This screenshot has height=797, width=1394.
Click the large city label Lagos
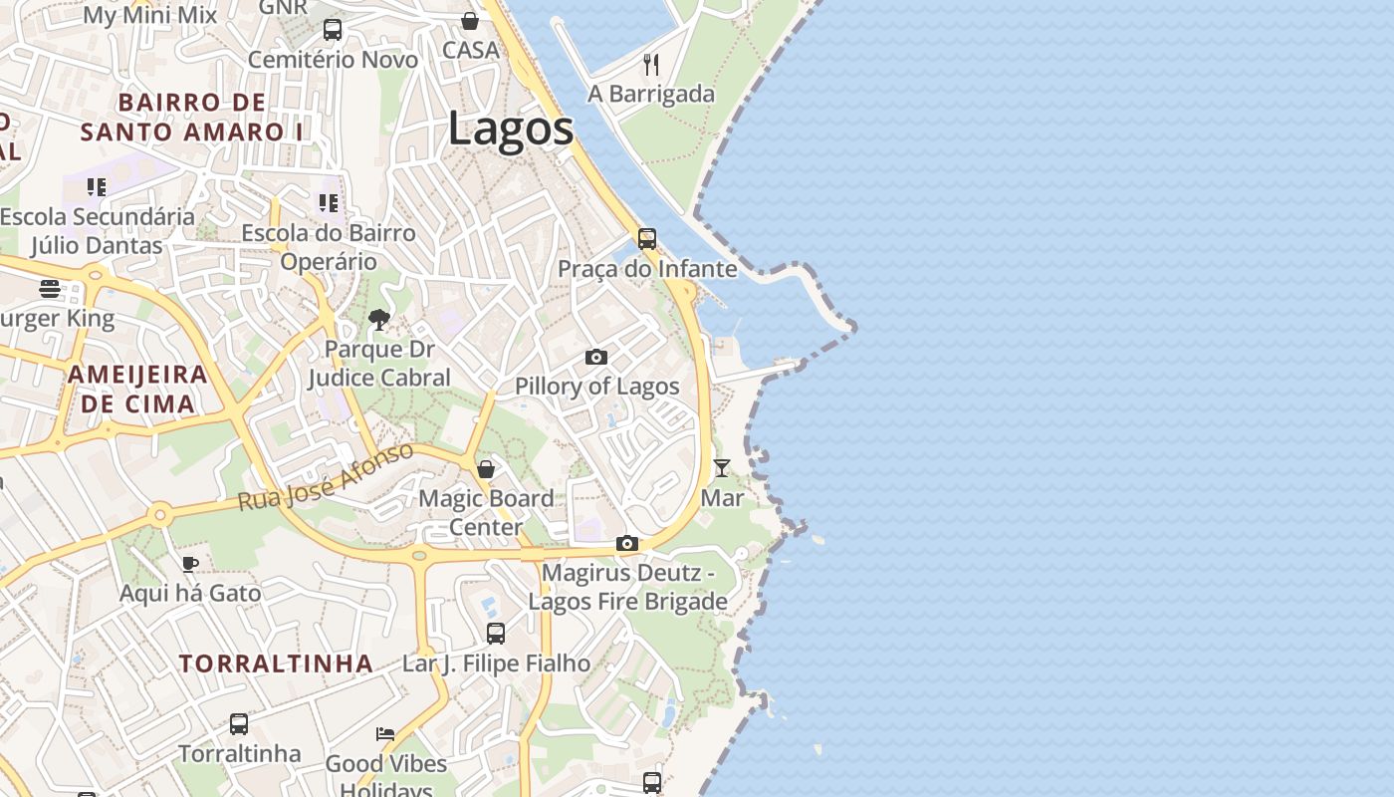(x=511, y=129)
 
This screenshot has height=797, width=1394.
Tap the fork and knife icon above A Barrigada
(x=651, y=65)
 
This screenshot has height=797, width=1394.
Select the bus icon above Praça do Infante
(x=647, y=239)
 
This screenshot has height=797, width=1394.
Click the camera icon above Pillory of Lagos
(x=595, y=357)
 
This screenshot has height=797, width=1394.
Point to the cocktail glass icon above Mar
(x=722, y=467)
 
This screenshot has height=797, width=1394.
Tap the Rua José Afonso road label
(x=326, y=478)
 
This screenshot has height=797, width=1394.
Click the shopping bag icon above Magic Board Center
(x=486, y=468)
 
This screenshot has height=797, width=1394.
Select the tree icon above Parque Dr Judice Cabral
(x=378, y=320)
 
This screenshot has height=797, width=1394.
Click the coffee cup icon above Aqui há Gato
(x=190, y=565)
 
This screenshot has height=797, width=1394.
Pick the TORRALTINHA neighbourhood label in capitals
(x=277, y=664)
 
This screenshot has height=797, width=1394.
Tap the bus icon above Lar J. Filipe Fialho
(x=496, y=634)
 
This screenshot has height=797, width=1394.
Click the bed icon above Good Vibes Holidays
(x=385, y=734)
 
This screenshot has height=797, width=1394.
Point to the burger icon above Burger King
(x=50, y=289)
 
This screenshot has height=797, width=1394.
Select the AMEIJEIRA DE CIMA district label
(x=137, y=390)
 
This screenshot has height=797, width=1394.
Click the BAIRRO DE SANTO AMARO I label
(x=192, y=117)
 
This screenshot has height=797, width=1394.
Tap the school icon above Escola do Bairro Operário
(x=329, y=203)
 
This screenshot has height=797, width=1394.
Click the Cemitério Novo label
(x=329, y=60)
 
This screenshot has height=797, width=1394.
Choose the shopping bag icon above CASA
(x=470, y=21)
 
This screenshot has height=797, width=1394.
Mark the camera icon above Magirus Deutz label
(x=626, y=543)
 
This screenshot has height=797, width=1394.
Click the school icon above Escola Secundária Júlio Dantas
(x=97, y=187)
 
